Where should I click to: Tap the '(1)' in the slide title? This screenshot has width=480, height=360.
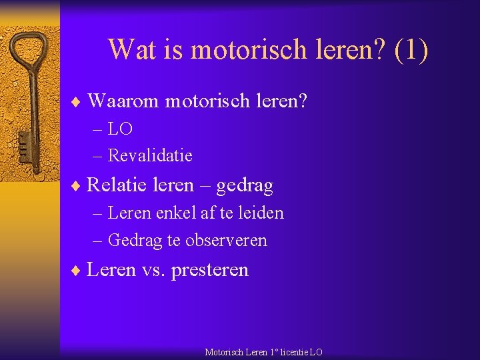pos(411,49)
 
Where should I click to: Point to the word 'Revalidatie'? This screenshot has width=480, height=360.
pos(150,155)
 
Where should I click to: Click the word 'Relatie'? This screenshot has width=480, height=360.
pos(117,185)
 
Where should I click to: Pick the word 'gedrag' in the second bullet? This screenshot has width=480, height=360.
pos(245,186)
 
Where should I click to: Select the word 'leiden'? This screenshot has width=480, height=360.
pos(261,213)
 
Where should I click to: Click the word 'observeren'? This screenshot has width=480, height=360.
pos(226,240)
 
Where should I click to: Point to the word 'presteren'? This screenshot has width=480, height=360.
pos(210,270)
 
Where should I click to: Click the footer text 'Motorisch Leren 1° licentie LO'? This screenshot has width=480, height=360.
pos(263,352)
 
